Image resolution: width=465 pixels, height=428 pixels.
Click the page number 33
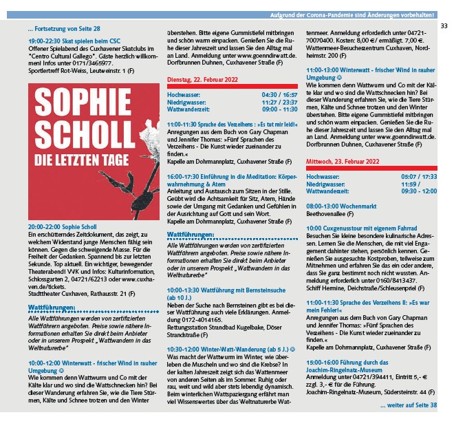pos(444,25)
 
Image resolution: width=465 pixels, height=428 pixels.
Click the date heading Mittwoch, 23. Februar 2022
pos(343,161)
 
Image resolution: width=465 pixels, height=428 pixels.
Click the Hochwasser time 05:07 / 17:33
pos(419,177)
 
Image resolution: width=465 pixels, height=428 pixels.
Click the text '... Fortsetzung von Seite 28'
pos(64,29)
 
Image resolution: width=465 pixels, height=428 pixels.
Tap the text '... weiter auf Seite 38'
pos(408,405)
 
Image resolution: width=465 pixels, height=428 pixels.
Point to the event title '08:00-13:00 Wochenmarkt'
pos(342,206)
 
